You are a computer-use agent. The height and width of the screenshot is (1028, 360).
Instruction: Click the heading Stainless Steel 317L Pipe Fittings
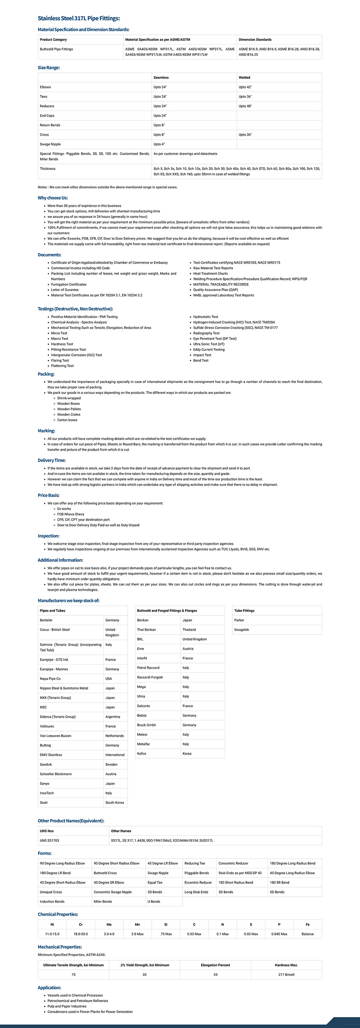[x=79, y=18]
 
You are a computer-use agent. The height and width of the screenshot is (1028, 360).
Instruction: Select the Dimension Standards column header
[x=255, y=40]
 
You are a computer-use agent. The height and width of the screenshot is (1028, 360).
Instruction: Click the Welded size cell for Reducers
[x=245, y=106]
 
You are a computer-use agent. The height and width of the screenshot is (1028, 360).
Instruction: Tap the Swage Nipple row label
[x=50, y=144]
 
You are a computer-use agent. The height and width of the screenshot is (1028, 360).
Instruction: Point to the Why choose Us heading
[x=53, y=198]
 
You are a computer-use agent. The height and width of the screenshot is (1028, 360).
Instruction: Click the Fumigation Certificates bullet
[x=68, y=284]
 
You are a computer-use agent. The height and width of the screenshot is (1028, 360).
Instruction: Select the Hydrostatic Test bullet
[x=205, y=317]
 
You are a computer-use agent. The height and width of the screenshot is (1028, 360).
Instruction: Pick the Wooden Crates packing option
[x=68, y=415]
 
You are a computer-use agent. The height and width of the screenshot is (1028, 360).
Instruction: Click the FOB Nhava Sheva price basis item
[x=71, y=514]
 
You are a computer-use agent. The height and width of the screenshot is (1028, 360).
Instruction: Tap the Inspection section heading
[x=48, y=536]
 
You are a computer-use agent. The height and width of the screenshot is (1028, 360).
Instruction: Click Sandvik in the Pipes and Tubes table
[x=46, y=765]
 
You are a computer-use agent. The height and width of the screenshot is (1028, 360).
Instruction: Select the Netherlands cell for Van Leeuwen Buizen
[x=115, y=736]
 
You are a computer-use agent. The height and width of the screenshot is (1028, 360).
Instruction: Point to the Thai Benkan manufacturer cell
[x=146, y=630]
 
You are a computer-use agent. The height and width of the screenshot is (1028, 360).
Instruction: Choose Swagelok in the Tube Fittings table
[x=242, y=630]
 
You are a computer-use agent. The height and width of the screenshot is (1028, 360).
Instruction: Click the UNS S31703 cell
[x=49, y=841]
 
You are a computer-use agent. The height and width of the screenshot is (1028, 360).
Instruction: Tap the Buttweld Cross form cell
[x=105, y=873]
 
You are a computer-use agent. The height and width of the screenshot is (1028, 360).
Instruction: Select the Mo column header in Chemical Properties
[x=109, y=924]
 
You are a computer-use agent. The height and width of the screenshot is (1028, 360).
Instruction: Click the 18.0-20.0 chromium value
[x=81, y=934]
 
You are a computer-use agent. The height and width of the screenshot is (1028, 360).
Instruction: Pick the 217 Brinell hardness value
[x=286, y=974]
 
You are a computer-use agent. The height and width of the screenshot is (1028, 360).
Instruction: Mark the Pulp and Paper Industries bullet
[x=67, y=1006]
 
